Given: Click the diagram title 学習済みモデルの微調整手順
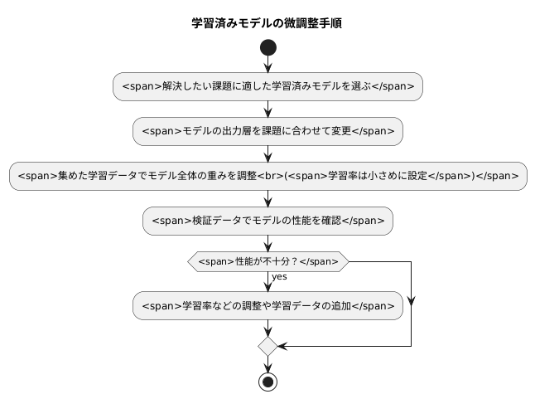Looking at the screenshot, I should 267,23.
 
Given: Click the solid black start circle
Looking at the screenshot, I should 267,47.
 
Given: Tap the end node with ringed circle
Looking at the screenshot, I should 267,382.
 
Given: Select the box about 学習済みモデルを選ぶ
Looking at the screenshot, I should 267,86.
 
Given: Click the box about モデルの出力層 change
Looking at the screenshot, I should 267,130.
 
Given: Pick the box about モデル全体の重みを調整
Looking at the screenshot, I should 267,175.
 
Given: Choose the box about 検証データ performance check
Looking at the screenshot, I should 267,220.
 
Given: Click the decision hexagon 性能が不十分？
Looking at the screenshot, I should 267,261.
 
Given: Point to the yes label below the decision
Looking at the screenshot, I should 279,276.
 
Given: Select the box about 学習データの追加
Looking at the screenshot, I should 267,305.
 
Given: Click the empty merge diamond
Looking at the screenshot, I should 267,344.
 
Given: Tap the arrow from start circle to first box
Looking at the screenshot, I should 267,65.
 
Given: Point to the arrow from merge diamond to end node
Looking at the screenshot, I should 267,363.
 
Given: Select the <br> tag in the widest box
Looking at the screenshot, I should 271,176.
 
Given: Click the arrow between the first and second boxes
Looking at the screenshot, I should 267,109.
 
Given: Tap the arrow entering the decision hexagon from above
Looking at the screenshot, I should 267,243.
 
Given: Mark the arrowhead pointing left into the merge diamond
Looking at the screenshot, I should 282,344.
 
